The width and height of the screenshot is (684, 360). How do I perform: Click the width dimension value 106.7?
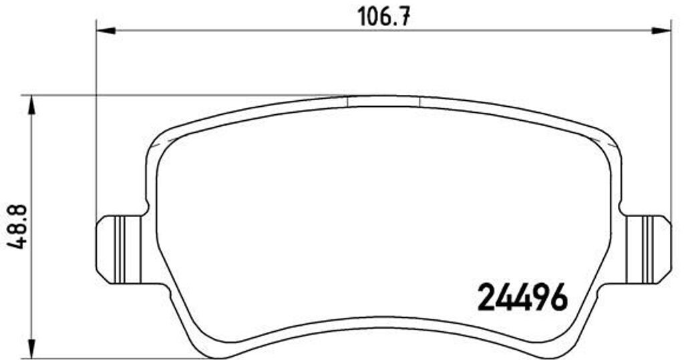(x=384, y=17)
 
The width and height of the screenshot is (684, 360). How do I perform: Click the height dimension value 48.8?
(x=18, y=226)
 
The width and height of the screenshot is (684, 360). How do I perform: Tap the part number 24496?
(x=523, y=297)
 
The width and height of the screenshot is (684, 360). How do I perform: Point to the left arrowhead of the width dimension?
(x=105, y=31)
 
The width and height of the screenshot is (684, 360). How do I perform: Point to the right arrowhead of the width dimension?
(x=661, y=31)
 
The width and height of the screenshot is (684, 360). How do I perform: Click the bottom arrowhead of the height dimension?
(x=31, y=349)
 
